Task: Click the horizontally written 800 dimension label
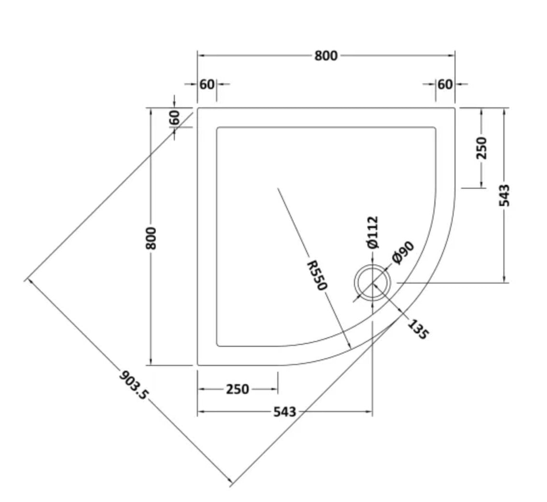tap(326, 56)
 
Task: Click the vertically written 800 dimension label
tap(151, 237)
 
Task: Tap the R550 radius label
tap(317, 275)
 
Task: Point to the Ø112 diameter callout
tap(373, 232)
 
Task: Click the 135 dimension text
tap(417, 329)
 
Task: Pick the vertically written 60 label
tap(174, 117)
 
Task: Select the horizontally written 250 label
tap(238, 389)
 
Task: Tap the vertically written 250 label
tap(481, 148)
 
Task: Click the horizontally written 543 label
tap(285, 411)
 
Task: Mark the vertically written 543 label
tap(504, 195)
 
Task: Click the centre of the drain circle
tap(373, 283)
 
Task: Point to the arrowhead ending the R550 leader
tap(350, 346)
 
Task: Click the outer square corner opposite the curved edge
tap(198, 108)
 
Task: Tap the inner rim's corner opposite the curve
tap(218, 128)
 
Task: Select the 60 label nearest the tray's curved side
tap(445, 84)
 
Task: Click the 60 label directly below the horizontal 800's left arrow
tap(207, 84)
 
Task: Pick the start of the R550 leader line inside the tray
tap(278, 188)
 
